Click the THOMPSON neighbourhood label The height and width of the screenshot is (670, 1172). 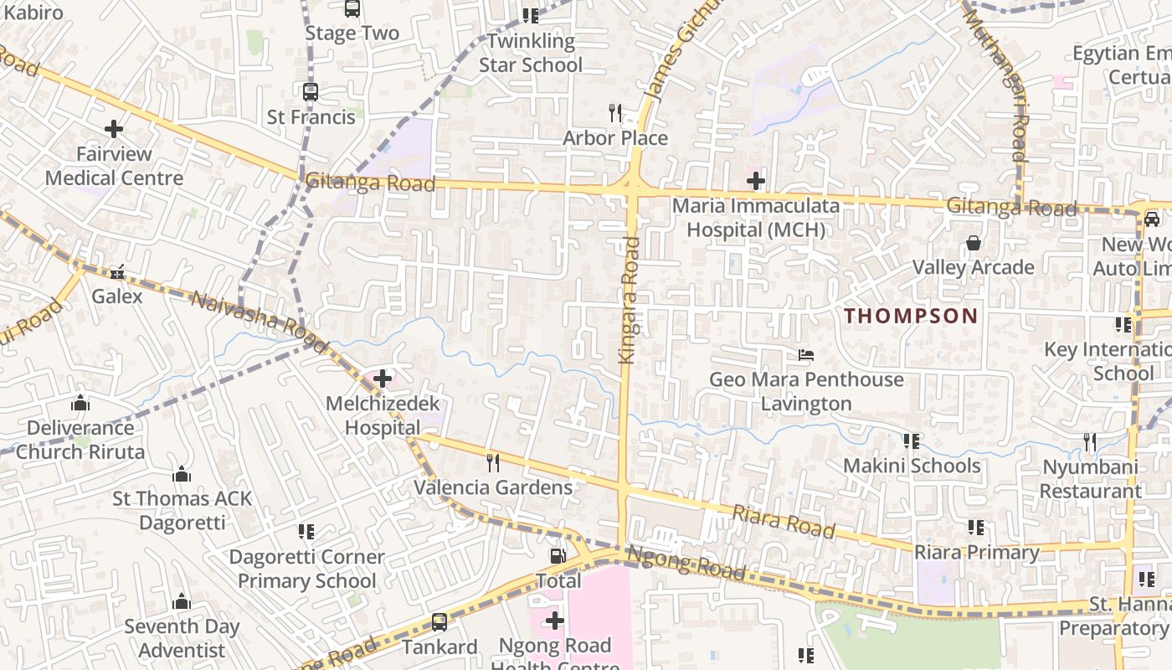coord(911,316)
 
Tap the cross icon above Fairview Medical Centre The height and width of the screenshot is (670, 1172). coord(114,129)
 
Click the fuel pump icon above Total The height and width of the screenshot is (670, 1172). coord(557,556)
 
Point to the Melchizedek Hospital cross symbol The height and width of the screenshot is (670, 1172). coord(383,379)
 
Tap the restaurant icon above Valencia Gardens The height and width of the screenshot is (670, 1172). coord(493,462)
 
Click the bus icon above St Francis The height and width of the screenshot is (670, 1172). coord(311,92)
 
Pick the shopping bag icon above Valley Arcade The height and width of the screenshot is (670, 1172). coord(974,243)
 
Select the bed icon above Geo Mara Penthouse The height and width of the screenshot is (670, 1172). coord(806,355)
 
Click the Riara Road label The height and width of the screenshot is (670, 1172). coord(784,522)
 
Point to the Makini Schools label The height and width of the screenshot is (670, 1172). coord(911,466)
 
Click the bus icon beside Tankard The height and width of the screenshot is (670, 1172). coord(439,622)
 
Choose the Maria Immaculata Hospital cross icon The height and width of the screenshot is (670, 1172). coord(756,180)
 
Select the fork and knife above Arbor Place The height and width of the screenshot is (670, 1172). coord(615,112)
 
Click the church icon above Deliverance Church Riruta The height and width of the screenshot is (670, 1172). coord(80,403)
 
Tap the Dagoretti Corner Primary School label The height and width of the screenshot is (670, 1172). coord(306,569)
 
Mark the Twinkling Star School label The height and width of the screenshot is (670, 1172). coord(531,53)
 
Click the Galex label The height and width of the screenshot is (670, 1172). coord(117,296)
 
